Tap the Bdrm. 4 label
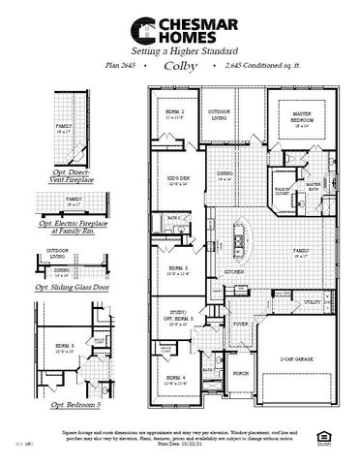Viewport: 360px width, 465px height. click(175, 377)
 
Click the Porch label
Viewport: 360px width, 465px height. click(240, 372)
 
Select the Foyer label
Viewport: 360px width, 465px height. click(240, 325)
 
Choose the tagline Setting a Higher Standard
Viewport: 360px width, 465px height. click(180, 46)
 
